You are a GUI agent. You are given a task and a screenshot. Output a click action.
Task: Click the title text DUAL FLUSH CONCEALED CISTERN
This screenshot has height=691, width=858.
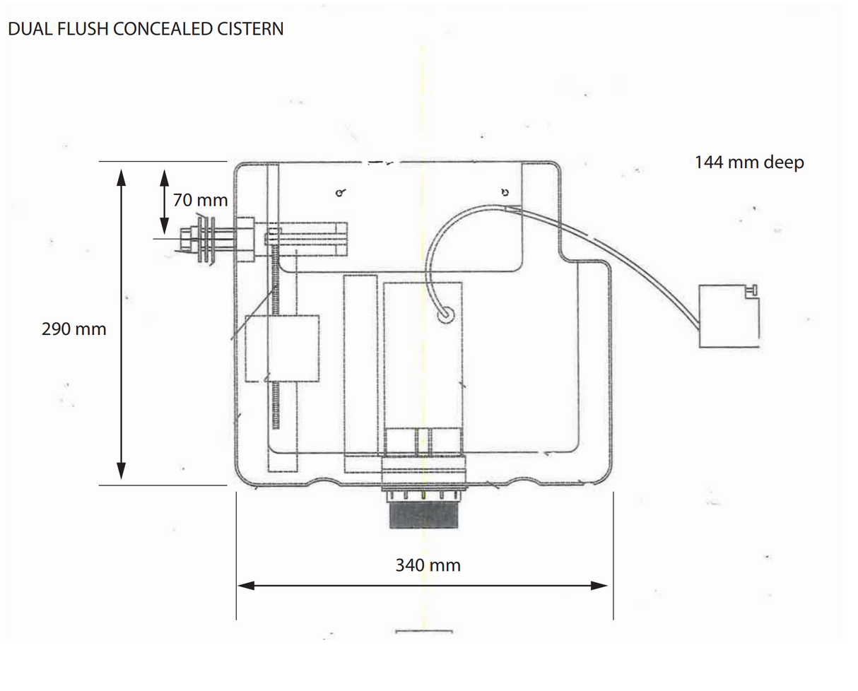[x=146, y=29]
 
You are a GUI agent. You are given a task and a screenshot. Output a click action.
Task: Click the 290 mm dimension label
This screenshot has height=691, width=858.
[x=74, y=329]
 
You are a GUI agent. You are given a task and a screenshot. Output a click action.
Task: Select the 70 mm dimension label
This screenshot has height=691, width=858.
[x=201, y=200]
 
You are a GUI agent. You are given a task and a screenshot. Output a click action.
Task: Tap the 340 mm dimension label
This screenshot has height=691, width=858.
[x=428, y=565]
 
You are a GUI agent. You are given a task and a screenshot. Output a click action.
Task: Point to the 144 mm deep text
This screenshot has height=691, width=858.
[x=749, y=163]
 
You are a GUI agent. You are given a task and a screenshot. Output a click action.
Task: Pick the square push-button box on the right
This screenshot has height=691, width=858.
[x=728, y=316]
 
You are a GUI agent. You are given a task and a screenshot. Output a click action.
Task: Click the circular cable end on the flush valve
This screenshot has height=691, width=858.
[x=446, y=315]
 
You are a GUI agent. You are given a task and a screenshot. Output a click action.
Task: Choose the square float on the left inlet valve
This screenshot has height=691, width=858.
[x=282, y=348]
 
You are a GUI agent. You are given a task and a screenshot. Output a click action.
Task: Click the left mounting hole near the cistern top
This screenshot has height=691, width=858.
[x=340, y=192]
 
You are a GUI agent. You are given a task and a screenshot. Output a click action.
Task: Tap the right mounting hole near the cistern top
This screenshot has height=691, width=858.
[x=505, y=191]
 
